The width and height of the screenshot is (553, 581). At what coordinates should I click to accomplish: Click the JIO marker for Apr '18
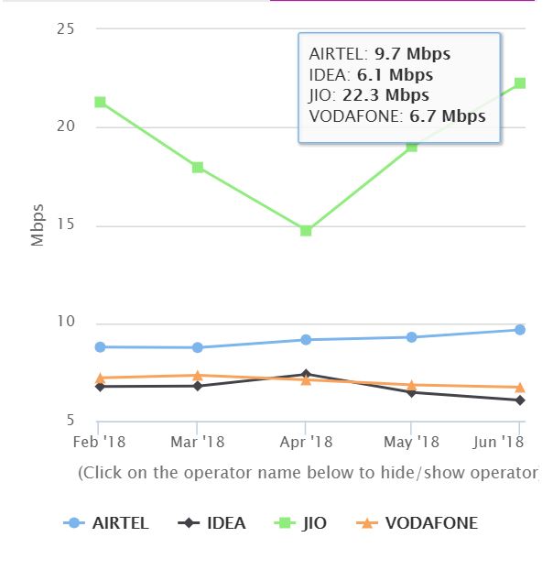[x=306, y=231]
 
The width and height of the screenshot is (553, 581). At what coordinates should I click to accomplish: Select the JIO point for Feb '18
[x=100, y=102]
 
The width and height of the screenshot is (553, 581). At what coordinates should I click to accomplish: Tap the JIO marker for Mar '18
[x=198, y=168]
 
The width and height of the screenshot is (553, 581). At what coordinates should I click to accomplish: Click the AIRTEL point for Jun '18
[x=520, y=330]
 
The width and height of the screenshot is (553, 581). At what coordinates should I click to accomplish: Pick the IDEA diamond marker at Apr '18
[x=306, y=374]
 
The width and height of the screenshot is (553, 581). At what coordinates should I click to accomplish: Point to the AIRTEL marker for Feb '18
[x=100, y=346]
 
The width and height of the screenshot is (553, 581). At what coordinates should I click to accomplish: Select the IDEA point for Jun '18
[x=520, y=400]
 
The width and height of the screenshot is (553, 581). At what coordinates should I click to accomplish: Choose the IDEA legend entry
[x=215, y=523]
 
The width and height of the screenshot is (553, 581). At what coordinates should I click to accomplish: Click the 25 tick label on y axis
[x=65, y=29]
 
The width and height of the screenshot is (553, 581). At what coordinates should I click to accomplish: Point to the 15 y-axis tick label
[x=65, y=225]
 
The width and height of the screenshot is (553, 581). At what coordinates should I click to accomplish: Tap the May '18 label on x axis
[x=412, y=442]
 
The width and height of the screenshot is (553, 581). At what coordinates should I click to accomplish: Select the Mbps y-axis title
[x=38, y=225]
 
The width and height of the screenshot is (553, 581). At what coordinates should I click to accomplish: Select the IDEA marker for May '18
[x=412, y=392]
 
